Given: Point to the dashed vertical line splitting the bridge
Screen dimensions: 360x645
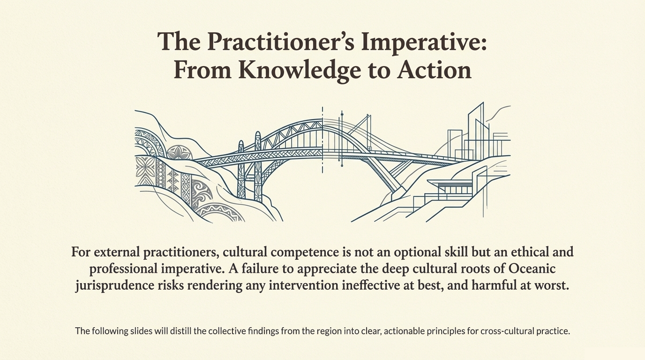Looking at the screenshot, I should (x=322, y=141).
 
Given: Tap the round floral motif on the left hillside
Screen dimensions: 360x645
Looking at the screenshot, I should (x=180, y=153).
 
